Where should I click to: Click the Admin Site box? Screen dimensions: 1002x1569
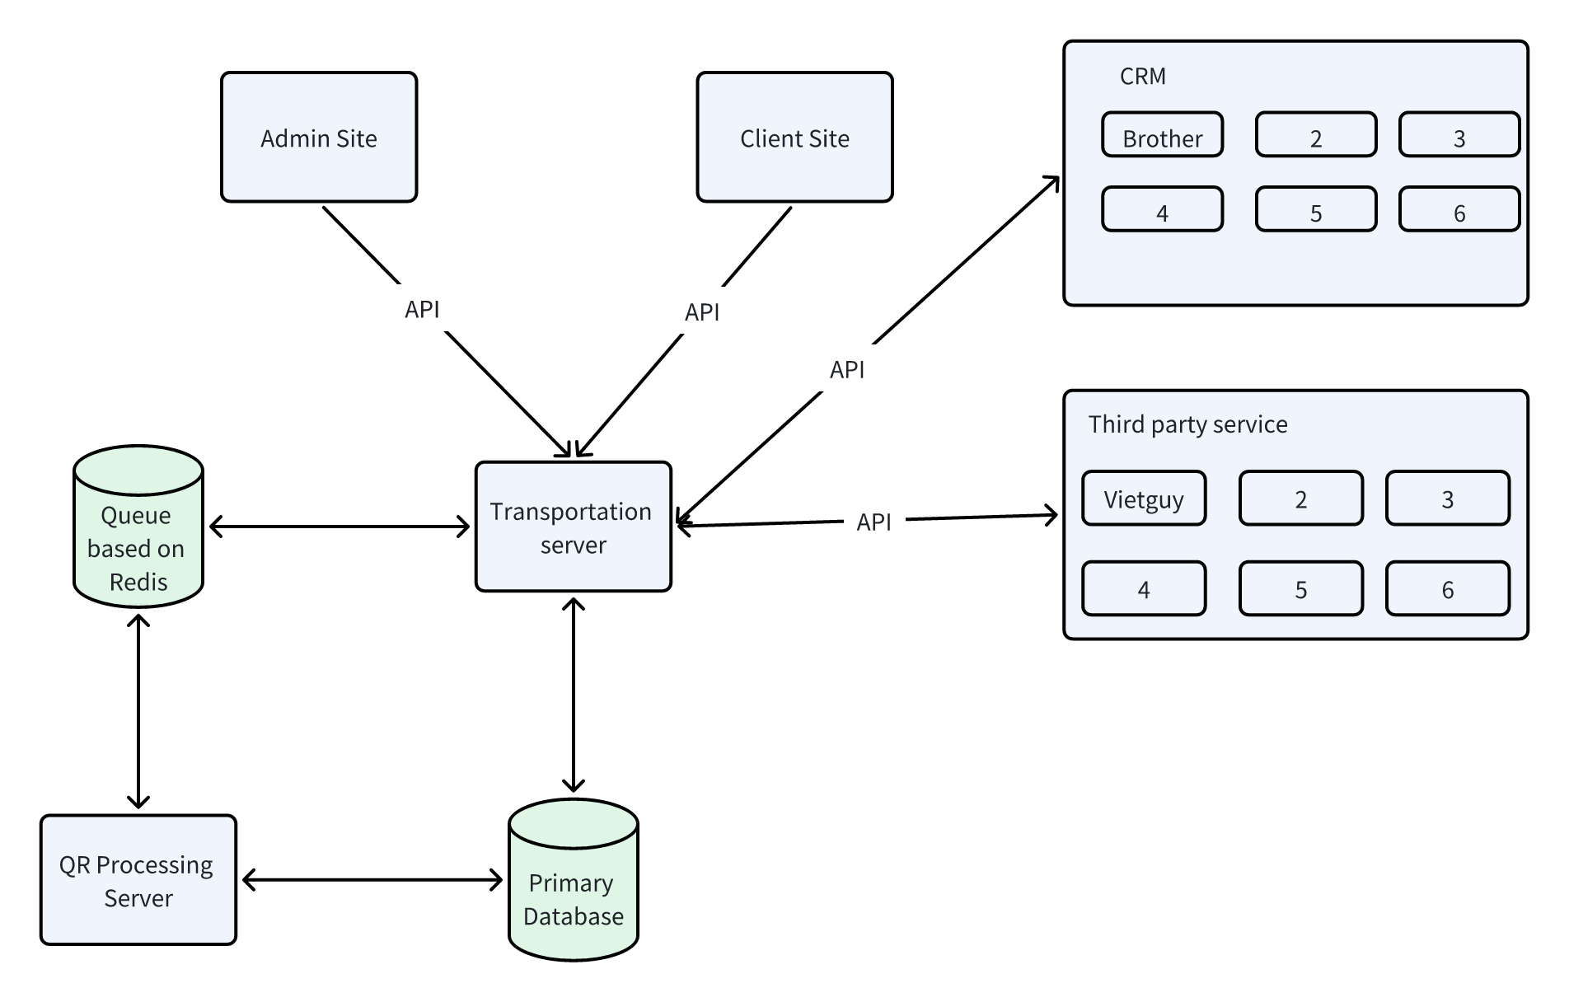click(319, 137)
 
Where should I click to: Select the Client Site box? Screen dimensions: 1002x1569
click(794, 137)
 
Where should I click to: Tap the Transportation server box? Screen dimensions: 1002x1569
click(573, 527)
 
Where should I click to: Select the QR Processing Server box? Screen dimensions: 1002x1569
click(138, 880)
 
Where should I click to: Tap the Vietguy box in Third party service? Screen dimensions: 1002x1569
click(1144, 499)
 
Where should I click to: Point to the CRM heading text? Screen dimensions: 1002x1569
click(1142, 77)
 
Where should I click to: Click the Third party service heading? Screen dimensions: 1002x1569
click(1187, 424)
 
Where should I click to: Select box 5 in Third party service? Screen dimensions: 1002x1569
click(1300, 588)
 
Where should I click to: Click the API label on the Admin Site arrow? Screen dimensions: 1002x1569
click(422, 309)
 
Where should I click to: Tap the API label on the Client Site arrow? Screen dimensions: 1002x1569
click(702, 311)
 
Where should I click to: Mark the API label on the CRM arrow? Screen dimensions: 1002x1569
click(847, 369)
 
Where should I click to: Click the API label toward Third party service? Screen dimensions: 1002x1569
click(873, 522)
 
